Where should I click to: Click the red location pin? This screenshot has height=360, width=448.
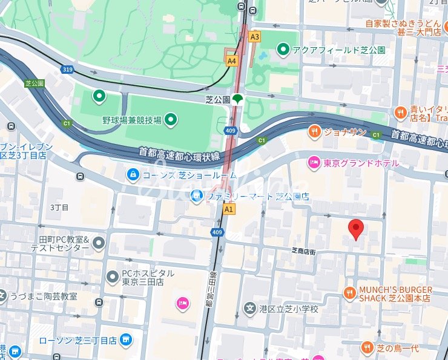(357, 229)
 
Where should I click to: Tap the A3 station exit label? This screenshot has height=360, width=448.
(255, 37)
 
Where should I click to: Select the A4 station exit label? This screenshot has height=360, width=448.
(232, 61)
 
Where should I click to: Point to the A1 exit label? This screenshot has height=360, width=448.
(228, 209)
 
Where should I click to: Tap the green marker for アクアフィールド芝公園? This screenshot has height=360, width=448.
(283, 50)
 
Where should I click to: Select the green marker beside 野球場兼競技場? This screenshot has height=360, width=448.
(171, 120)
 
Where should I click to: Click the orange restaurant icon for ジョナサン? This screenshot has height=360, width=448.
(314, 131)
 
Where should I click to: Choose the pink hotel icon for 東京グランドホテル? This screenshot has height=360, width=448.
(314, 162)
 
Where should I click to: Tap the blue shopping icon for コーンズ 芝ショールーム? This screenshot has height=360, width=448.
(133, 175)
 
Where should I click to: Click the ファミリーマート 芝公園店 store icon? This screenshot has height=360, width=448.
(196, 195)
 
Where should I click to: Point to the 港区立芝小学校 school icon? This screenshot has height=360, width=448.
(249, 309)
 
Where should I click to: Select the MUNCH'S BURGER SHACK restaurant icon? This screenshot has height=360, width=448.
(349, 293)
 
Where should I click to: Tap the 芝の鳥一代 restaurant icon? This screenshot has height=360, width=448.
(367, 347)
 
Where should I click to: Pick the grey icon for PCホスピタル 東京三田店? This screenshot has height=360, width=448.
(112, 277)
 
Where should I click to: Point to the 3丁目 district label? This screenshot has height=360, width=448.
(60, 207)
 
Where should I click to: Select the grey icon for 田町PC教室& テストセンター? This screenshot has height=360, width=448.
(99, 243)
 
